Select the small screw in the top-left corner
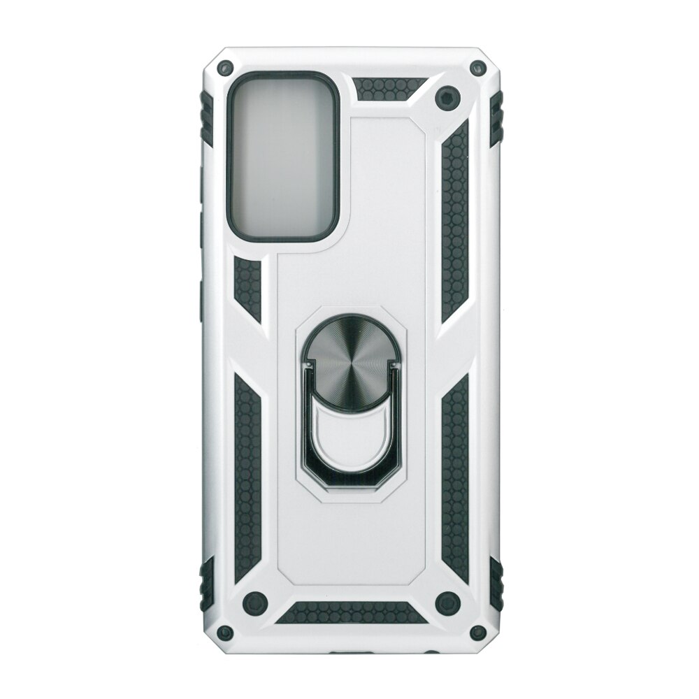225,69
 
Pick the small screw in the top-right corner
478,69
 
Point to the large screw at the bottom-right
447,601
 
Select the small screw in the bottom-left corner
224,633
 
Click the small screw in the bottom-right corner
478,633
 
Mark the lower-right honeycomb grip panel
455,475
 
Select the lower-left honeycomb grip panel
247,475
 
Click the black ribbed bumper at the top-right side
496,119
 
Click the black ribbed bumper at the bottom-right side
496,584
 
